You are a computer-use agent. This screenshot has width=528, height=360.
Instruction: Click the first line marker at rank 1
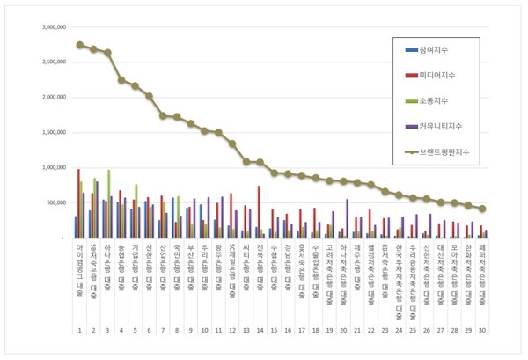pyautogui.click(x=80, y=45)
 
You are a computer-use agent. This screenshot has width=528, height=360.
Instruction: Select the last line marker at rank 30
pyautogui.click(x=482, y=209)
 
